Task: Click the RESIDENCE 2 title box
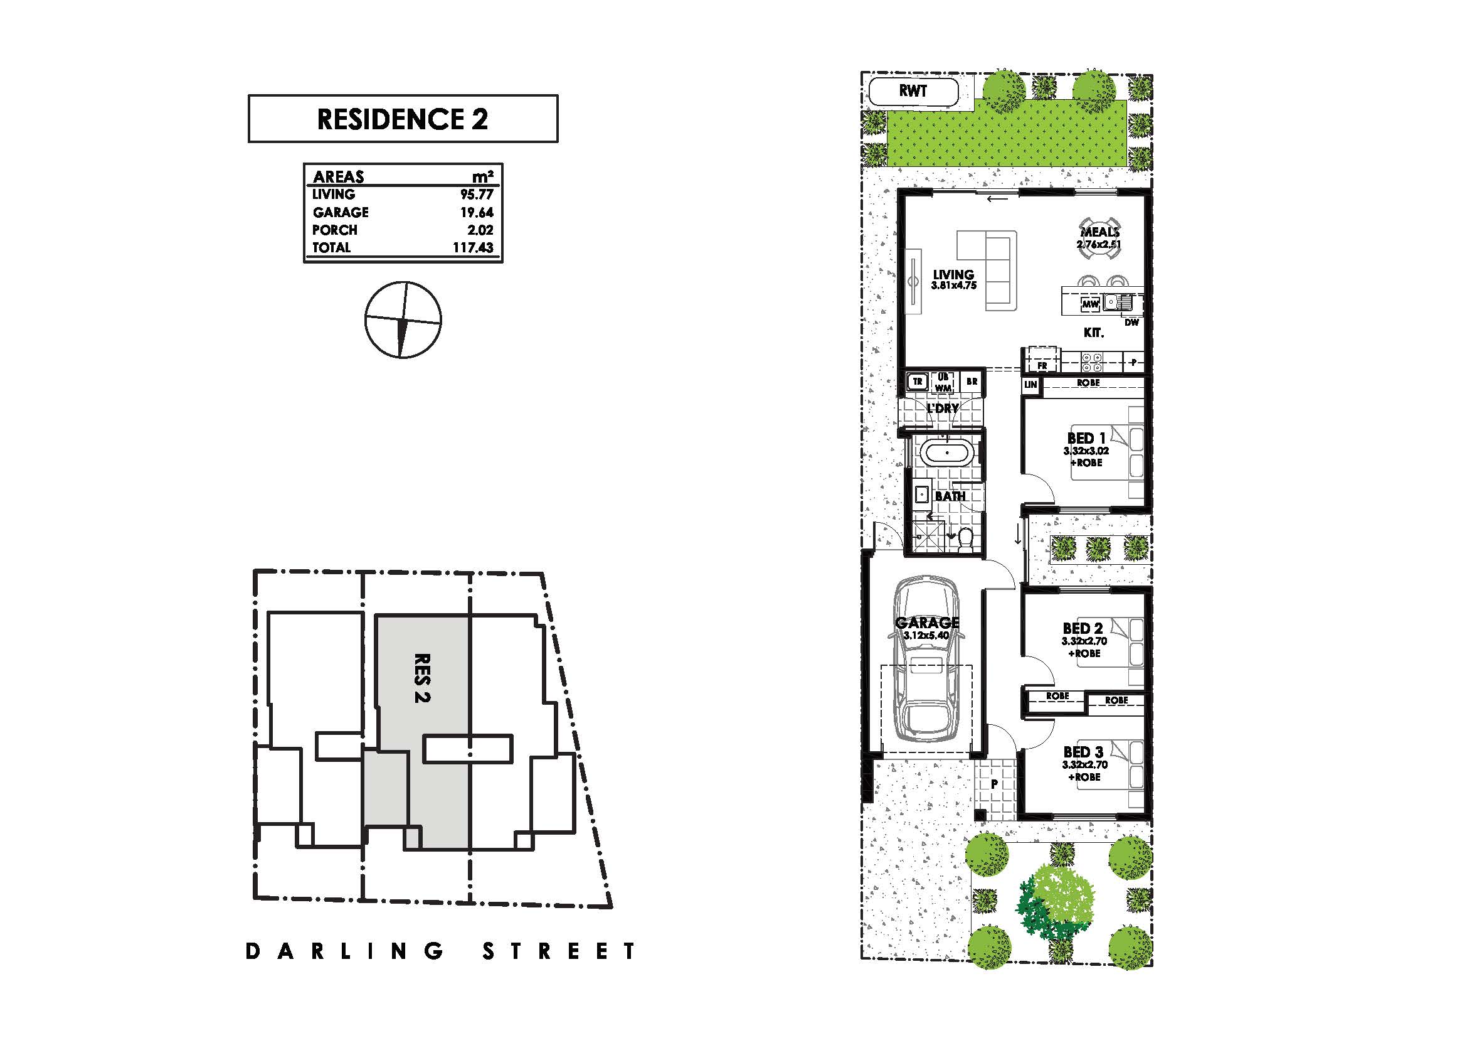(x=403, y=119)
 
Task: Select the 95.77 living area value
(x=477, y=195)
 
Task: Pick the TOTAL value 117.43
(x=473, y=247)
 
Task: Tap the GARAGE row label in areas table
(x=341, y=212)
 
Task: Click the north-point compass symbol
(x=403, y=319)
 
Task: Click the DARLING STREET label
(x=441, y=951)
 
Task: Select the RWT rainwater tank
(x=914, y=92)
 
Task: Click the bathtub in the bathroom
(x=947, y=454)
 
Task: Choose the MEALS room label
(x=1100, y=232)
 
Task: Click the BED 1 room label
(x=1086, y=439)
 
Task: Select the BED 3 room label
(x=1084, y=752)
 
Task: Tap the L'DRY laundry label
(x=943, y=408)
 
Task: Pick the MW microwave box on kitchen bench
(x=1090, y=304)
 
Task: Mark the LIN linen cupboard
(x=1030, y=385)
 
